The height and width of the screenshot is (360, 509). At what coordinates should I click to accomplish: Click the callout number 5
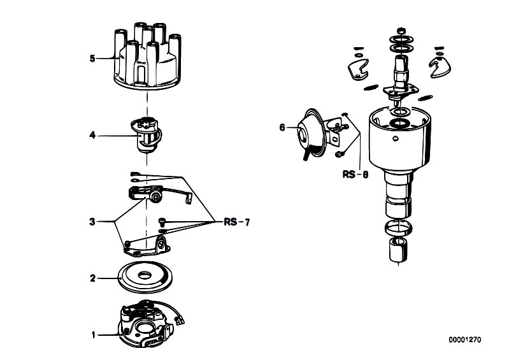point(93,59)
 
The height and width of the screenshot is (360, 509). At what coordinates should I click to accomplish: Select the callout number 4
point(93,135)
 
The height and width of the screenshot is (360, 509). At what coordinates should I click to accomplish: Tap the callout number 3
point(93,222)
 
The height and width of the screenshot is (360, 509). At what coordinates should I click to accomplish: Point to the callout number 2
point(93,278)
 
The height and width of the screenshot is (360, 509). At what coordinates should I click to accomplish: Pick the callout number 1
point(93,334)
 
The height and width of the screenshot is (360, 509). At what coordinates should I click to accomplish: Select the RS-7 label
point(236,222)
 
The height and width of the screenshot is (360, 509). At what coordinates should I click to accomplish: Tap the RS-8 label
point(354,173)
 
